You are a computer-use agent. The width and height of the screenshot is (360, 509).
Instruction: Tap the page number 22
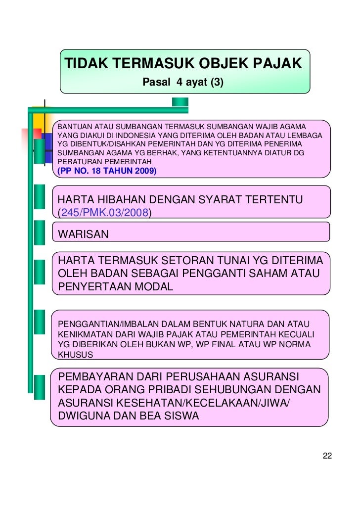coord(327,456)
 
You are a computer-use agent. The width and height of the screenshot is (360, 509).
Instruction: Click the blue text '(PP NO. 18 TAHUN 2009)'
coord(107,171)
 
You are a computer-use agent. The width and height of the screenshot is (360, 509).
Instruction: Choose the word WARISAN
coord(83,234)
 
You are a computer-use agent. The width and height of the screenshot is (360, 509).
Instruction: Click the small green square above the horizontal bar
coord(180,102)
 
